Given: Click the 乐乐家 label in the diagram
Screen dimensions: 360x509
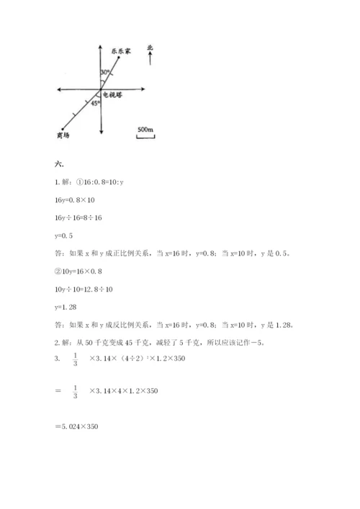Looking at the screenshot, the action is pyautogui.click(x=120, y=50).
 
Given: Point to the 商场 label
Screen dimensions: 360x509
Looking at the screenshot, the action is pyautogui.click(x=62, y=135).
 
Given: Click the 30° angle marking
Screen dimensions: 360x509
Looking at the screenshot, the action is pyautogui.click(x=106, y=73).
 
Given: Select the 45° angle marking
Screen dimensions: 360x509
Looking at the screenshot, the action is pyautogui.click(x=94, y=104).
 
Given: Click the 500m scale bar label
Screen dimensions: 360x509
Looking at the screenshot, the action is pyautogui.click(x=145, y=129).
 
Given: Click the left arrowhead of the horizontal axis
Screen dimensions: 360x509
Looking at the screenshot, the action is pyautogui.click(x=58, y=90).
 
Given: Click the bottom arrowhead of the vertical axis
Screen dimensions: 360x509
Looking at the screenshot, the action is pyautogui.click(x=102, y=132).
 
